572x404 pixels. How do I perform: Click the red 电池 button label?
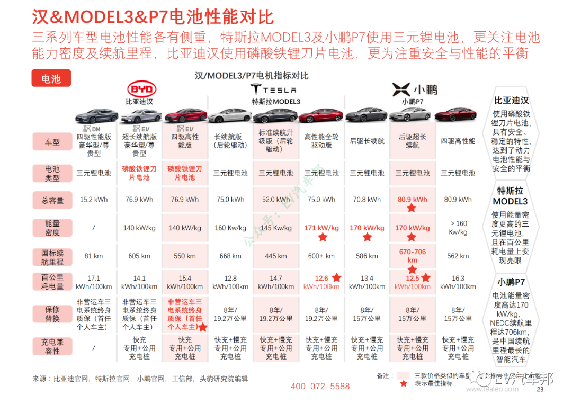(x=51, y=79)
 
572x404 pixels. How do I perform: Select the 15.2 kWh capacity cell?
(x=94, y=200)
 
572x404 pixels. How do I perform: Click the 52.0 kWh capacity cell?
(x=276, y=200)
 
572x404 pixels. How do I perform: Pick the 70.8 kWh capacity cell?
(x=367, y=200)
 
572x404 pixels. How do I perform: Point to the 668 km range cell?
(x=230, y=256)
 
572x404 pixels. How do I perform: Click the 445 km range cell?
(x=276, y=256)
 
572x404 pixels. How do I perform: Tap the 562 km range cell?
(x=458, y=256)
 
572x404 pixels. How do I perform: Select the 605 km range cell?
(x=139, y=256)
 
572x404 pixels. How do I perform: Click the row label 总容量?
(x=52, y=200)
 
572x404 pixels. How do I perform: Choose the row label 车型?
(x=52, y=142)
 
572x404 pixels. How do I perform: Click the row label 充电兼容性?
(x=52, y=347)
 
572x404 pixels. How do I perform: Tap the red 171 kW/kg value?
(x=321, y=228)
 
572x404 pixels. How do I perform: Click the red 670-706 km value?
(x=413, y=256)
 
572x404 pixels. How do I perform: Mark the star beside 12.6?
(x=336, y=277)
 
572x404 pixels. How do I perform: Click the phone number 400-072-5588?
(x=320, y=387)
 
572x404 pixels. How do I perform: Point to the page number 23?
(x=540, y=390)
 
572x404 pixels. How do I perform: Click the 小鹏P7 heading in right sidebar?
(x=511, y=282)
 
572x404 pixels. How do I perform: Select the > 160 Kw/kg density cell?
(x=458, y=228)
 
